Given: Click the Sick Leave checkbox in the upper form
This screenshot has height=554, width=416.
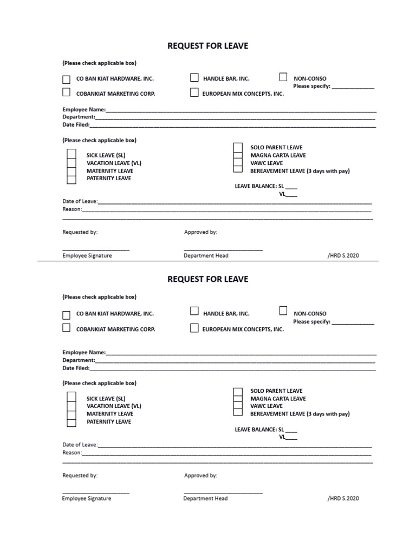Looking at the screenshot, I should [x=71, y=155].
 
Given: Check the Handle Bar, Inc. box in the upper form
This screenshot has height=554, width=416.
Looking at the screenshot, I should [x=194, y=78].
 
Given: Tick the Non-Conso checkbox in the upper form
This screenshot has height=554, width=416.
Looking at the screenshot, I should [x=283, y=77].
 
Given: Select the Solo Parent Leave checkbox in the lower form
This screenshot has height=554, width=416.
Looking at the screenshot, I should [x=238, y=391].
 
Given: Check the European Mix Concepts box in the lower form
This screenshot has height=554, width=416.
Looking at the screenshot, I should [x=194, y=328].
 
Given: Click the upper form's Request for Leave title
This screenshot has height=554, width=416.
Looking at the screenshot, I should [x=208, y=46].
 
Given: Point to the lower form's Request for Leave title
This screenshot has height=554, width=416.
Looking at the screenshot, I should [x=208, y=279].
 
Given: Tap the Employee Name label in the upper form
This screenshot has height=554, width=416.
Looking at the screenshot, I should [x=84, y=109].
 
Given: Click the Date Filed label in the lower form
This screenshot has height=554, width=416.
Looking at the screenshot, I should [x=76, y=368].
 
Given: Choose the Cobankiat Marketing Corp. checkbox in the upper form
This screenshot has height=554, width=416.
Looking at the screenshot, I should [x=66, y=93].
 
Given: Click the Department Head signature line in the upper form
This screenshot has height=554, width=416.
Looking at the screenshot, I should [x=223, y=249].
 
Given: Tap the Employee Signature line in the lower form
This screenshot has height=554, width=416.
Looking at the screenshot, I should [x=96, y=492].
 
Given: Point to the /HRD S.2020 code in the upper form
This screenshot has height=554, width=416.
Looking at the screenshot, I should [x=343, y=255].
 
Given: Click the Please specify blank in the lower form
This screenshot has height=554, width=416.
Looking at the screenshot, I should [x=353, y=322].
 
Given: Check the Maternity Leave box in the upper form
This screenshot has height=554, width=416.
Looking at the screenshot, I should [x=71, y=170].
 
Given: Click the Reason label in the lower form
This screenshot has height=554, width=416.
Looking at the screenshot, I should [x=72, y=452].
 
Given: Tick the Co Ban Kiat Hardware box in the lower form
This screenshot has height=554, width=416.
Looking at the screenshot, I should [x=66, y=314].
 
